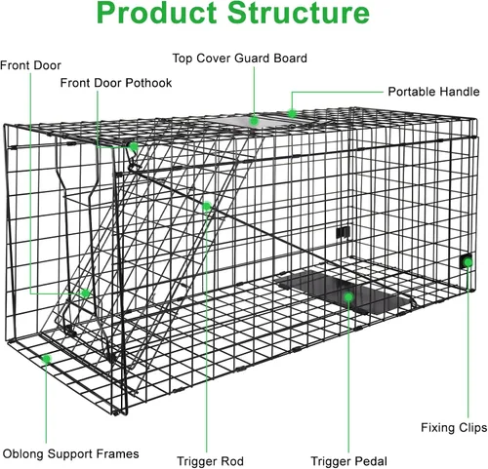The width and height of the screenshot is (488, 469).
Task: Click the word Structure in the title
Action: coord(299,13)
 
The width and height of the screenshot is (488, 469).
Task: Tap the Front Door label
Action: coord(30,65)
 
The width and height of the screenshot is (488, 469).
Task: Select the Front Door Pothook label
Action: coord(116,83)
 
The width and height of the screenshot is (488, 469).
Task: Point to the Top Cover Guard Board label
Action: coord(240,59)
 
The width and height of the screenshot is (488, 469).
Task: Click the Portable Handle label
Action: coord(433,92)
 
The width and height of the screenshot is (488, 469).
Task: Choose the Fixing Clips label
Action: coord(454,427)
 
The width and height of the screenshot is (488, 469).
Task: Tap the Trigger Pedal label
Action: coord(348,461)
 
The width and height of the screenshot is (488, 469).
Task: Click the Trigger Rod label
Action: coord(210,461)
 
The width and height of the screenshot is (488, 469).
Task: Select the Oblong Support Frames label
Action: coord(70,453)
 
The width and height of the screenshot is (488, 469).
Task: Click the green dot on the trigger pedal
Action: coord(348,296)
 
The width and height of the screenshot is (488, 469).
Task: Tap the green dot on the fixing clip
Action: coord(468,262)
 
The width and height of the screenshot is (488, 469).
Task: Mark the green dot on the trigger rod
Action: coord(207,206)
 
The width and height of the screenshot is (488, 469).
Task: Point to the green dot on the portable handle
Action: coord(292,113)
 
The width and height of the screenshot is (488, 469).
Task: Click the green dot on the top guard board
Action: coord(254,121)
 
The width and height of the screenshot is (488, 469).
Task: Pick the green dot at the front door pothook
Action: coord(134,147)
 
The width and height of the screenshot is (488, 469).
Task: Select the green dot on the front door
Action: coord(86,293)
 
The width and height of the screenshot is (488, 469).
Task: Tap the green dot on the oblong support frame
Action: coord(47,359)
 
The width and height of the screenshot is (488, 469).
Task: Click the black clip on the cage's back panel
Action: coord(343,232)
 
